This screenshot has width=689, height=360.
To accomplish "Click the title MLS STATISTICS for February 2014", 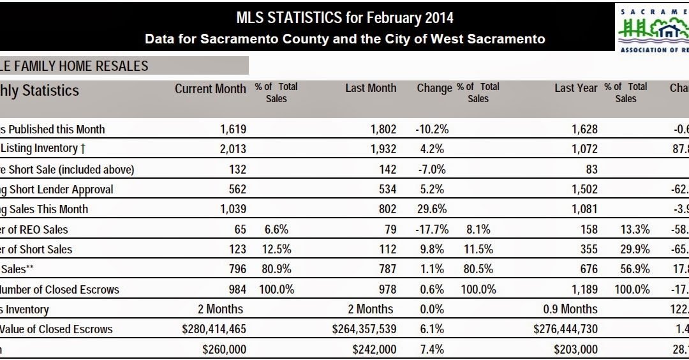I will tap(345, 17).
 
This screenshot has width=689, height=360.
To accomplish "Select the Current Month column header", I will tap(210, 89).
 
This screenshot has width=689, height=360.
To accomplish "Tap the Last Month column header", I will tap(371, 89).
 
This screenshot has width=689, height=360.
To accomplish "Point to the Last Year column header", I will tap(576, 89).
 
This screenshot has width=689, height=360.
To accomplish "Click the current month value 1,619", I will tap(233, 129).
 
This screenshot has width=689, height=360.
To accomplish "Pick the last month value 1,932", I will tap(383, 149).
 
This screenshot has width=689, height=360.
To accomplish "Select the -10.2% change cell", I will tap(432, 129).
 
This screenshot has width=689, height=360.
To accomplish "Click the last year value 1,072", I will tap(585, 149).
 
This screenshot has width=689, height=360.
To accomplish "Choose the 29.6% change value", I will tap(433, 209).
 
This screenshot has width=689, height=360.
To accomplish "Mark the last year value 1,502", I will tap(585, 190).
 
